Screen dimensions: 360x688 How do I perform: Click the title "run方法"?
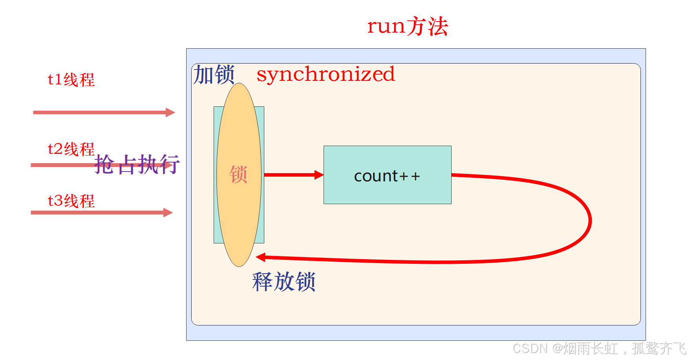408,26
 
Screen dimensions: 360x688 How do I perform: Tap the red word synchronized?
326,74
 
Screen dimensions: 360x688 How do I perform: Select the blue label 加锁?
214,75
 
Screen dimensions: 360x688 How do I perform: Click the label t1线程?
71,80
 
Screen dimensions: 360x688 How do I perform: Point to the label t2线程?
71,149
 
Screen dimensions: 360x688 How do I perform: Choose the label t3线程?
71,201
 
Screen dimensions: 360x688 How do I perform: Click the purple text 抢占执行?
137,164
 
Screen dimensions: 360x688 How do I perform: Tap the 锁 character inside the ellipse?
238,174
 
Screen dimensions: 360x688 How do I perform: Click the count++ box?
387,175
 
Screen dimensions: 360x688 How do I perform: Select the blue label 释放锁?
284,281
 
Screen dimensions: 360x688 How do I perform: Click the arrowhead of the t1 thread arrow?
170,113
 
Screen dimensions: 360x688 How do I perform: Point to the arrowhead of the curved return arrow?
260,257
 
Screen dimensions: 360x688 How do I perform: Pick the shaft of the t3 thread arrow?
98,213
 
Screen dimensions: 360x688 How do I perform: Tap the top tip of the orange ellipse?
239,84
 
